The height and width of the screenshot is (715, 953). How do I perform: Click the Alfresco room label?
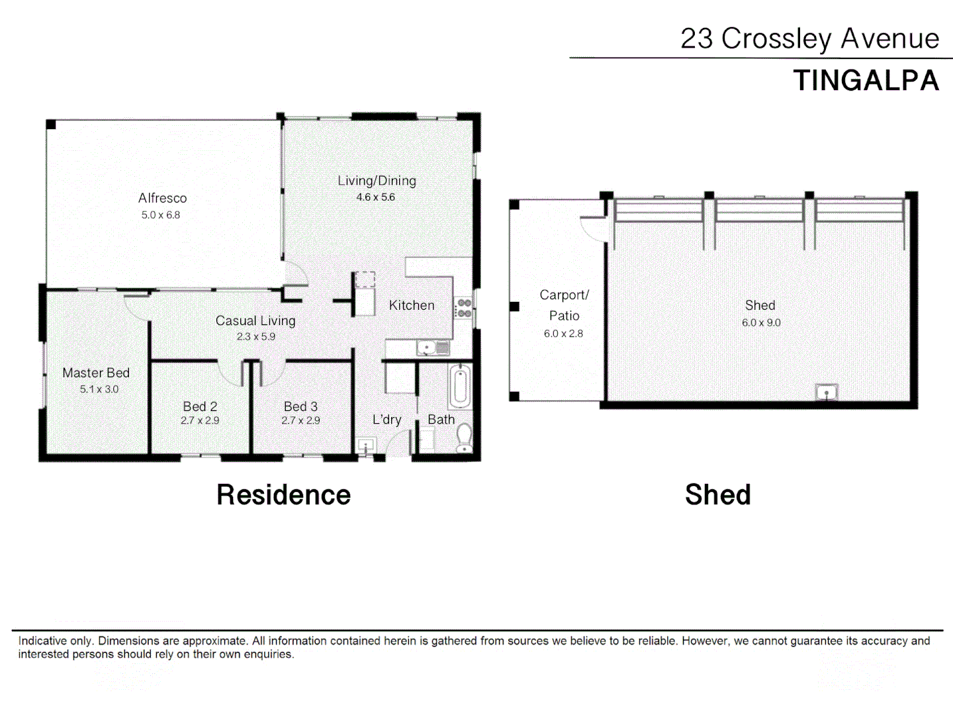pos(162,198)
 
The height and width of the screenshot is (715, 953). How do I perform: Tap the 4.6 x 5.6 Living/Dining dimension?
pos(375,197)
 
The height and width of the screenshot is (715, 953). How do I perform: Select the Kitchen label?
pos(412,305)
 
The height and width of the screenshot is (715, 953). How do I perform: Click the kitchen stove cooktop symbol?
pos(464,308)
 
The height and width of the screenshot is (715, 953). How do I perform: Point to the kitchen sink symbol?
pos(428,348)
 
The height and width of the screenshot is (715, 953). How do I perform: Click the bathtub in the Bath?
pos(459,387)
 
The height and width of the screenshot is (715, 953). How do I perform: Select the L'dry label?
pos(386,420)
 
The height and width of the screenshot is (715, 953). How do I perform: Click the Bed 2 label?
pos(200,406)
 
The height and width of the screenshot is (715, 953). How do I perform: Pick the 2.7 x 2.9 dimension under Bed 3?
pos(300,420)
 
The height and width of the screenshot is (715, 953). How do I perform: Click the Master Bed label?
pos(96,373)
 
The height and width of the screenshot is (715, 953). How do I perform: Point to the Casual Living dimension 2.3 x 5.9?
pos(255,336)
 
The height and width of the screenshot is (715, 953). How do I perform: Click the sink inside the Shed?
pos(826,393)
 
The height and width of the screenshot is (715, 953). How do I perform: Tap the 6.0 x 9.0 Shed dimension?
pos(761,323)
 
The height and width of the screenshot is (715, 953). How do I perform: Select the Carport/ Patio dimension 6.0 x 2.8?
pos(563,334)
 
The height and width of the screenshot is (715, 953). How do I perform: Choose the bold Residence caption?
pos(283,495)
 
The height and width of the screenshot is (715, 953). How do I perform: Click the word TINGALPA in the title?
pos(866,81)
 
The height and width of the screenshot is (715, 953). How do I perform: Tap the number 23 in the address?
pos(696,39)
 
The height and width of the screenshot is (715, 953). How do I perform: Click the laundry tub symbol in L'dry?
pos(365,445)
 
